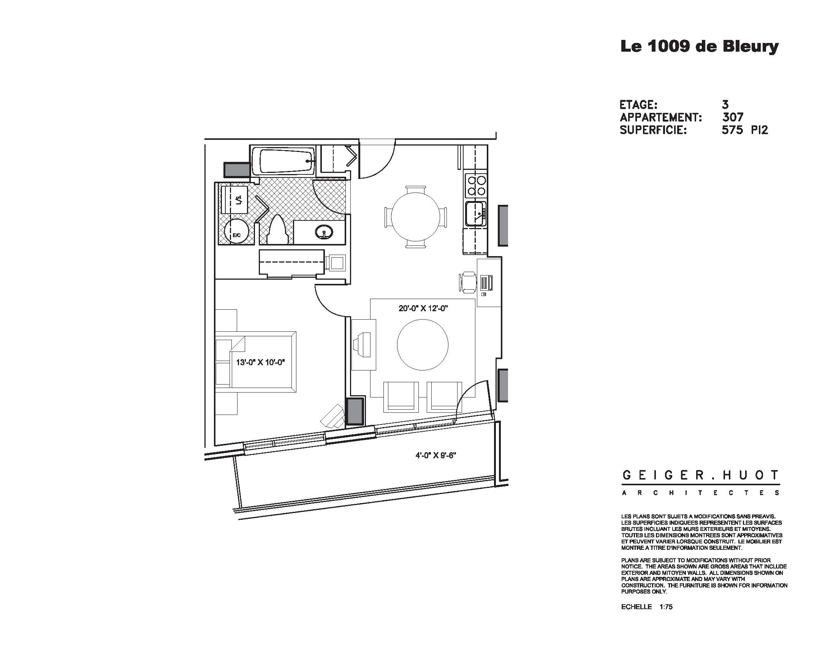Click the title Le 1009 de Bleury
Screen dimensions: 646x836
point(699,46)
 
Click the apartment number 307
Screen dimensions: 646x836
point(733,117)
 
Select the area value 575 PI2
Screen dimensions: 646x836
point(744,130)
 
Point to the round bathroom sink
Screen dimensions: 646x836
point(324,231)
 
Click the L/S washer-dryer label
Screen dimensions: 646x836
point(239,200)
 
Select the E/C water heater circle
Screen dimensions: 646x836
point(237,231)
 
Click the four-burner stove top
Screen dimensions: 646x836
point(476,185)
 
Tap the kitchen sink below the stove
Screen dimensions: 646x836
point(475,214)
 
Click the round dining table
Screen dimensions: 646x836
point(415,216)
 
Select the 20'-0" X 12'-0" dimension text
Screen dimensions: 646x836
point(423,309)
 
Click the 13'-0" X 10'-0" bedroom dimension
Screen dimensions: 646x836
point(261,362)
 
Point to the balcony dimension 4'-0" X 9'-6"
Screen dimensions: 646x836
point(436,455)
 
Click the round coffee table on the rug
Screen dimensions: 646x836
point(422,345)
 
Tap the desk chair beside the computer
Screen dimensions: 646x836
point(468,282)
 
